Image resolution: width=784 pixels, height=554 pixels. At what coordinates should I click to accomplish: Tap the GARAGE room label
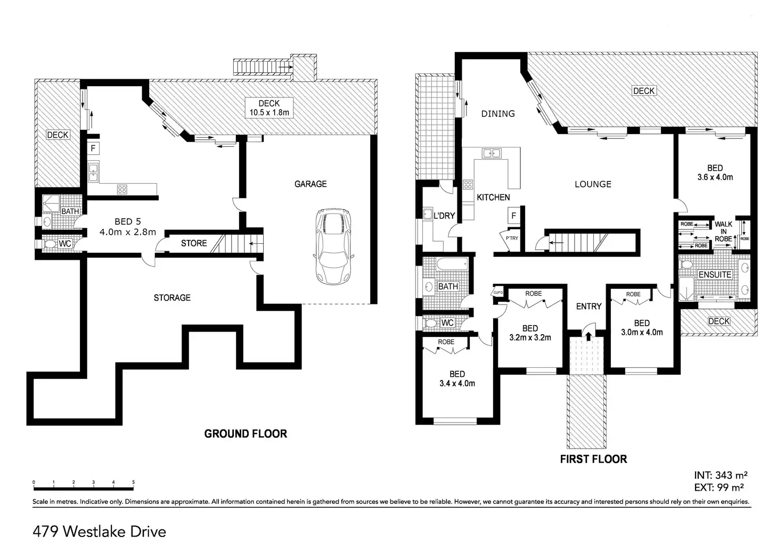[311, 184]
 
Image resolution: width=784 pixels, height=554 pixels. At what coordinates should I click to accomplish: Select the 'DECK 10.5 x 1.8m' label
[269, 108]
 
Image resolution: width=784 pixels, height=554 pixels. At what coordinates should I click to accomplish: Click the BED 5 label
[127, 227]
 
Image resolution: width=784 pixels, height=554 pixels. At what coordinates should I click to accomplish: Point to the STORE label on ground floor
[194, 243]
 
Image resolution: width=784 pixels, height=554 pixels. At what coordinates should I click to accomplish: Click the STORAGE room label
[172, 297]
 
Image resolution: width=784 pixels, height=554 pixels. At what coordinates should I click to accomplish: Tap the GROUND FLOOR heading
[246, 434]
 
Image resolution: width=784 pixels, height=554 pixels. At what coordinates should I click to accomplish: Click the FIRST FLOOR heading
[593, 459]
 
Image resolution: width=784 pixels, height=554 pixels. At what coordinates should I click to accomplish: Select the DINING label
[498, 113]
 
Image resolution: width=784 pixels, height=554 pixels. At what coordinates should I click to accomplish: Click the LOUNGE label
[593, 184]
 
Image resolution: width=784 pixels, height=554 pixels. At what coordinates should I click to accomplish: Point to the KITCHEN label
[493, 197]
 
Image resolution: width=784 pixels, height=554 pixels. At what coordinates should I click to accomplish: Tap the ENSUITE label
[715, 275]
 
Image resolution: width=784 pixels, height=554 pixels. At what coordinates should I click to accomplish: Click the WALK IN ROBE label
[723, 231]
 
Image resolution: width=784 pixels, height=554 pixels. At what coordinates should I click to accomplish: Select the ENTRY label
[589, 306]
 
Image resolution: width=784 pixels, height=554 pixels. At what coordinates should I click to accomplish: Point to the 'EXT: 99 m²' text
[719, 486]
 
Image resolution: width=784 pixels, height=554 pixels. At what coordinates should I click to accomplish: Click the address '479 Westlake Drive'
[100, 532]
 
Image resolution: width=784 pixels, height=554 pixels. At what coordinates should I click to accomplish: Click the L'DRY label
[444, 216]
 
